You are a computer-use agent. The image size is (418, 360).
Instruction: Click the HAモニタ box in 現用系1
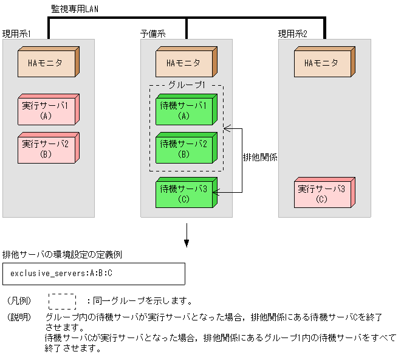[46, 63]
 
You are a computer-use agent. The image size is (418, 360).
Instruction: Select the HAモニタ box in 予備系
[184, 63]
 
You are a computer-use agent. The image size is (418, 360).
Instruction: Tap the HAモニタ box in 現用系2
[322, 63]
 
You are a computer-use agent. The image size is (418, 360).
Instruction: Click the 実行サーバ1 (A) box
[46, 110]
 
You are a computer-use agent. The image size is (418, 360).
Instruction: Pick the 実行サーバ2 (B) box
[46, 148]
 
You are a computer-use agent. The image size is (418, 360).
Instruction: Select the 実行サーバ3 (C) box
[322, 193]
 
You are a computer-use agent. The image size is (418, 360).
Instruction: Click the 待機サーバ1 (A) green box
[184, 110]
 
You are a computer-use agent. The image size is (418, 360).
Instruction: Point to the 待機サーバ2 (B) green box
[184, 148]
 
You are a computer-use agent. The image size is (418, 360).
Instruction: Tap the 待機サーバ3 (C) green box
[184, 193]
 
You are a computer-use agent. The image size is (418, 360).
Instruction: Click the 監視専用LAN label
[74, 9]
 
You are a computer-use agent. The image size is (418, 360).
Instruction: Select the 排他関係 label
[261, 157]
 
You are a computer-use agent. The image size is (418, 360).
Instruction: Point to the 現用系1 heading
[16, 33]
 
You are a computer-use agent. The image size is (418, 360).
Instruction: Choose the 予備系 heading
[152, 33]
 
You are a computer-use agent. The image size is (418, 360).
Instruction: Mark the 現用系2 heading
[292, 33]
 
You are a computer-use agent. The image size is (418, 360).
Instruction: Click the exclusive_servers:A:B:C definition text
[61, 274]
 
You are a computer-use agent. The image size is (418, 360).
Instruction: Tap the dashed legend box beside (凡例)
[62, 301]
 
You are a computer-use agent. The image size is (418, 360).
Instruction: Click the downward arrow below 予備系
[187, 238]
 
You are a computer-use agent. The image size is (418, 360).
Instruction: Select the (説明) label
[19, 317]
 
